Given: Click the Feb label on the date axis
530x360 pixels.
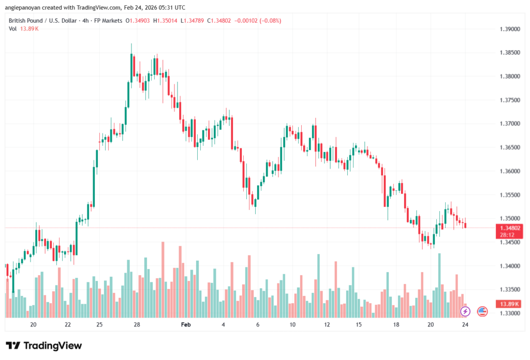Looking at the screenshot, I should pyautogui.click(x=186, y=324).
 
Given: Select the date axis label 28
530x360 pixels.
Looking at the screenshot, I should pyautogui.click(x=137, y=324).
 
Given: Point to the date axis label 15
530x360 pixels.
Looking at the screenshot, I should pyautogui.click(x=359, y=324).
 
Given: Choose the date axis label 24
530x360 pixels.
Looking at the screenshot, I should pyautogui.click(x=465, y=324).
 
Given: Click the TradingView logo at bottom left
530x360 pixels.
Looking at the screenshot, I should pyautogui.click(x=43, y=346).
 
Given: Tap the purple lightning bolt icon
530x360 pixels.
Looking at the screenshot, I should pyautogui.click(x=465, y=311).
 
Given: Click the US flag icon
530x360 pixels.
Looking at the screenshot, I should pyautogui.click(x=482, y=311).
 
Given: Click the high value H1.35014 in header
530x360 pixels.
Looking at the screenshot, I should pyautogui.click(x=169, y=21).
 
